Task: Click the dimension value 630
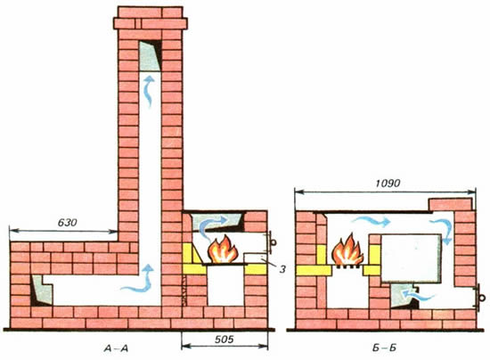(x=67, y=223)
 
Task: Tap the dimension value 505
(x=224, y=340)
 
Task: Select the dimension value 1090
(x=388, y=184)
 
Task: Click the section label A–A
(x=116, y=348)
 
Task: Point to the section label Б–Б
(x=384, y=348)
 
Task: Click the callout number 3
(x=282, y=269)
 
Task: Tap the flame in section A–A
(x=223, y=250)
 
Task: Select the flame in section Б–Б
(x=347, y=250)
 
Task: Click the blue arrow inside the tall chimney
(x=149, y=91)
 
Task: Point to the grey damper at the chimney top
(x=150, y=56)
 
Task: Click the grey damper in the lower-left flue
(x=42, y=290)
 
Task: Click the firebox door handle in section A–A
(x=272, y=242)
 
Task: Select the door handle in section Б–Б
(x=480, y=298)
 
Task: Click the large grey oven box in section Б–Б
(x=411, y=258)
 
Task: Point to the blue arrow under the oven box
(x=418, y=295)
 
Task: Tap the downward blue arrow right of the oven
(x=442, y=231)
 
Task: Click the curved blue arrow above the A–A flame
(x=213, y=226)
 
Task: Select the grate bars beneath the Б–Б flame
(x=347, y=267)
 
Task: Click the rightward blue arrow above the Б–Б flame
(x=372, y=222)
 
